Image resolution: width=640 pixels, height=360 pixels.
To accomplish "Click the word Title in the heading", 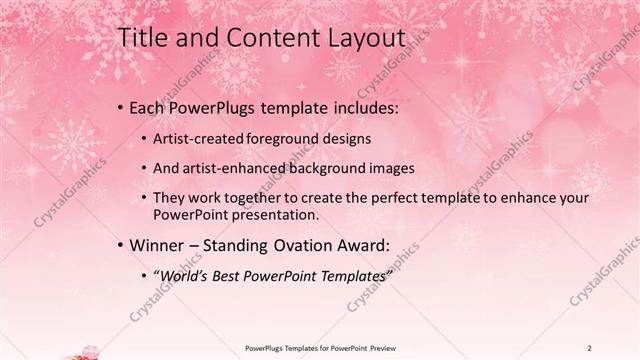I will pos(142,39).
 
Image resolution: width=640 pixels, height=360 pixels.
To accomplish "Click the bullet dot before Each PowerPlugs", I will pos(121,107).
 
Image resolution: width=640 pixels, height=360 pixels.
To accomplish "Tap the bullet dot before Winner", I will pos(121,245).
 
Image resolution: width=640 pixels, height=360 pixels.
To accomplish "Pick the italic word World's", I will pos(186,275).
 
